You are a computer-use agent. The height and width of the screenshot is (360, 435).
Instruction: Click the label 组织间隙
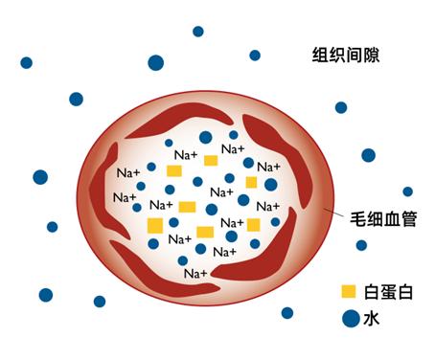[346, 55]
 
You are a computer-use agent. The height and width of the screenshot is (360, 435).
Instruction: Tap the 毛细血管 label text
[382, 219]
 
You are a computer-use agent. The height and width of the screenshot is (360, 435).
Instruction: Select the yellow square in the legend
[348, 290]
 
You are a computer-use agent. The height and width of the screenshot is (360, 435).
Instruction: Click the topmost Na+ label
[232, 148]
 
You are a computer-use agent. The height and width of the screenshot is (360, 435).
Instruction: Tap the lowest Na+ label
[195, 274]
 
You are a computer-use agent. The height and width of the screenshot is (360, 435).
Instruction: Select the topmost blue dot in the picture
[198, 31]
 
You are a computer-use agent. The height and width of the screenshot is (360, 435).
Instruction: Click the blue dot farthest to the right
[407, 191]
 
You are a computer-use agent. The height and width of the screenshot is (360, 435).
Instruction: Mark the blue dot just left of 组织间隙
[255, 56]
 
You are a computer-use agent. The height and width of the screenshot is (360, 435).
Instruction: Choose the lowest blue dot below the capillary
[286, 312]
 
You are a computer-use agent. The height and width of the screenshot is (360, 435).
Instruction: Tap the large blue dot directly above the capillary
[155, 63]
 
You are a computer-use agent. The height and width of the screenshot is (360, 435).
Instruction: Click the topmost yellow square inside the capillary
[211, 160]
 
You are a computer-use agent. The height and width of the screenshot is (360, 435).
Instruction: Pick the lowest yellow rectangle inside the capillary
[205, 232]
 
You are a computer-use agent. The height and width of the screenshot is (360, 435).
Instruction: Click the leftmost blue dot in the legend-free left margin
[26, 63]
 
